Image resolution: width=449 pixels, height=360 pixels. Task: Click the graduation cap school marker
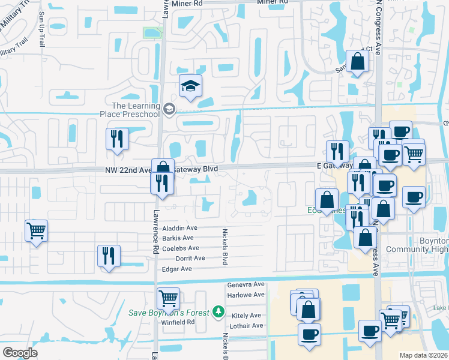[190, 87]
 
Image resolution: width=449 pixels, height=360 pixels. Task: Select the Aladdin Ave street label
[180, 229]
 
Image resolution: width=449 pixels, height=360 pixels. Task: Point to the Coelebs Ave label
[181, 248]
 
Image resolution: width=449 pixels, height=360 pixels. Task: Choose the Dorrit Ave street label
[190, 258]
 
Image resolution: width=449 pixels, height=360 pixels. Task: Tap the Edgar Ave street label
[177, 269]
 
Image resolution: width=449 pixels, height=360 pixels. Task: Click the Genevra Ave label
[246, 284]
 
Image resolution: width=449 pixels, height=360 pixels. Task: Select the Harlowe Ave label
[246, 295]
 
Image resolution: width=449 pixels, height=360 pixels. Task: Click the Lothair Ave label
[246, 326]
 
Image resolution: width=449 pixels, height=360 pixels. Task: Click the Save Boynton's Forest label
[169, 313]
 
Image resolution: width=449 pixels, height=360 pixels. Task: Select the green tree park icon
[219, 312]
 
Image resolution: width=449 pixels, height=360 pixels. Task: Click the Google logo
[20, 353]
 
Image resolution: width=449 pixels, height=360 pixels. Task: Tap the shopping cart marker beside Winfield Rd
[168, 298]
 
